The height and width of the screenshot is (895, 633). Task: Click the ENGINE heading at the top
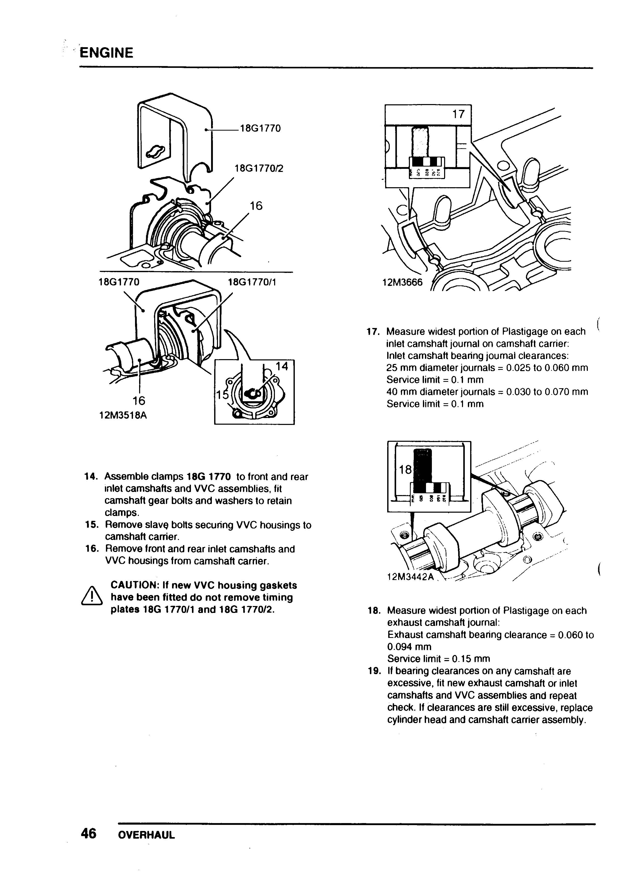click(x=106, y=53)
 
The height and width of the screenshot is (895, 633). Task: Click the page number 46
click(x=88, y=834)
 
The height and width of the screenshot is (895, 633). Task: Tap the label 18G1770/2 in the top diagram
click(x=259, y=168)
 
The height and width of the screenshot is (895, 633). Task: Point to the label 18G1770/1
click(x=252, y=282)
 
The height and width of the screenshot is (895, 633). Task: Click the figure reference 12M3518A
click(x=123, y=415)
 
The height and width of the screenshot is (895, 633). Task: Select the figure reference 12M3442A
click(x=410, y=576)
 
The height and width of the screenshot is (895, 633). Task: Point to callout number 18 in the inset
click(x=405, y=470)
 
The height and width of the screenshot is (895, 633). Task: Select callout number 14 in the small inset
click(x=282, y=366)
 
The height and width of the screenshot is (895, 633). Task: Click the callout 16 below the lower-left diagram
click(x=138, y=400)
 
